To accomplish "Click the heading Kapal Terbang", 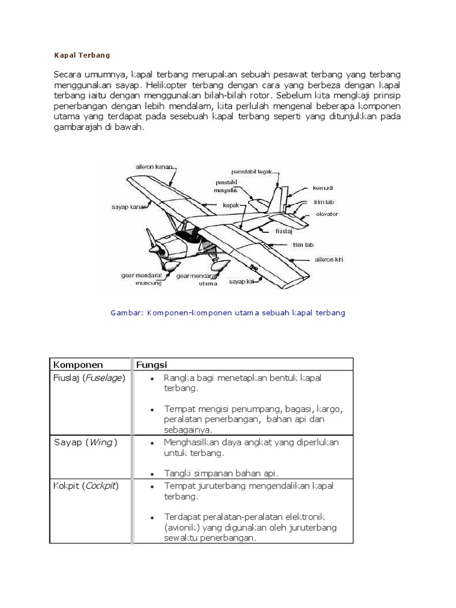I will [x=83, y=55].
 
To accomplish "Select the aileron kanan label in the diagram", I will [x=153, y=167].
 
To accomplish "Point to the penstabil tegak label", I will [x=252, y=171].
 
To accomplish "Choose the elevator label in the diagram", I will [x=327, y=214].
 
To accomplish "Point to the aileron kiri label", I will [x=328, y=259].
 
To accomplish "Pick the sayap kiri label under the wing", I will [x=242, y=282].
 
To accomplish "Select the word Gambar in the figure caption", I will [x=124, y=312].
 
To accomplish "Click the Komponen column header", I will [x=78, y=365].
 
